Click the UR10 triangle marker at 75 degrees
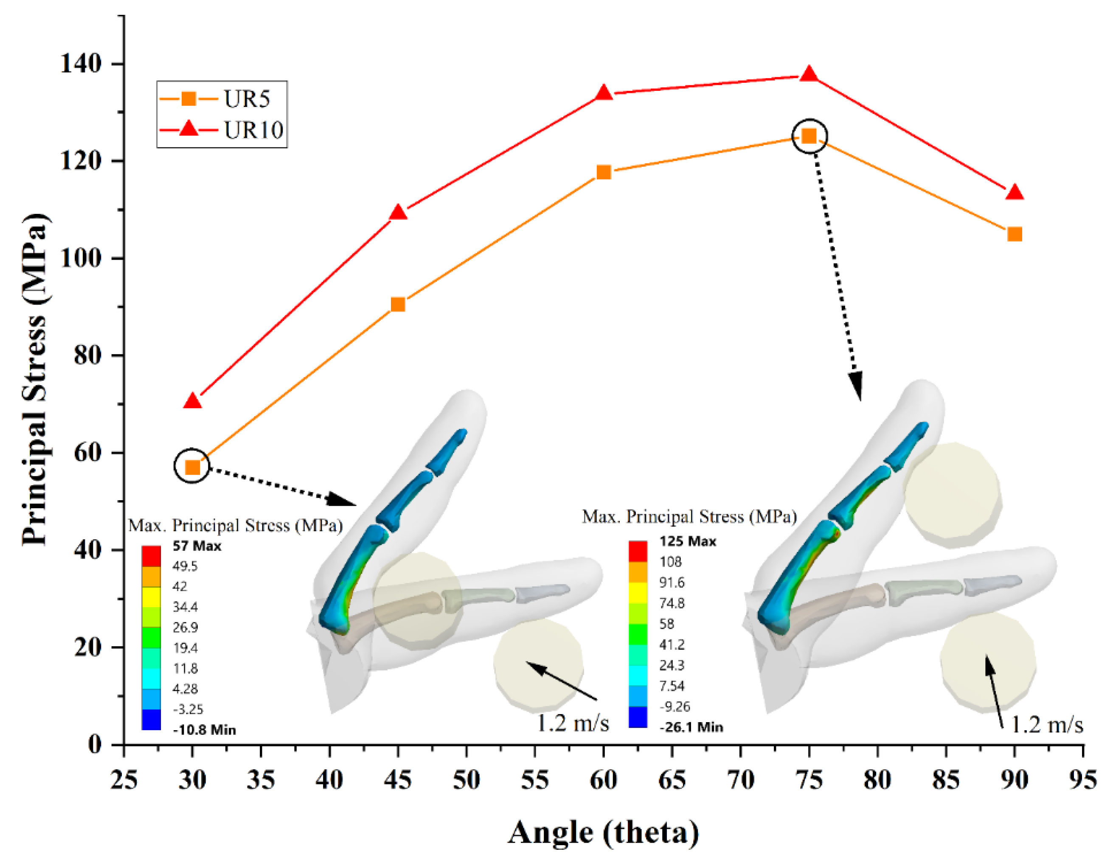point(809,74)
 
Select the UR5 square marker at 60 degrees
point(603,172)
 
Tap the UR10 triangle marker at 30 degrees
point(192,402)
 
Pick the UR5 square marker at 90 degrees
point(1015,234)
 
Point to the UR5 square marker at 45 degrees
point(397,305)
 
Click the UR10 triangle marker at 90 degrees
point(1015,193)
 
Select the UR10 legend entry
point(222,130)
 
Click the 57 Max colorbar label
point(197,546)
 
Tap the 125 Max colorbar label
point(688,541)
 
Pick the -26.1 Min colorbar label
point(691,727)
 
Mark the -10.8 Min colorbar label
point(204,730)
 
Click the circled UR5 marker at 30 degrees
point(192,467)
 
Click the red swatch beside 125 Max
point(638,551)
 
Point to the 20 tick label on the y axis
point(87,647)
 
